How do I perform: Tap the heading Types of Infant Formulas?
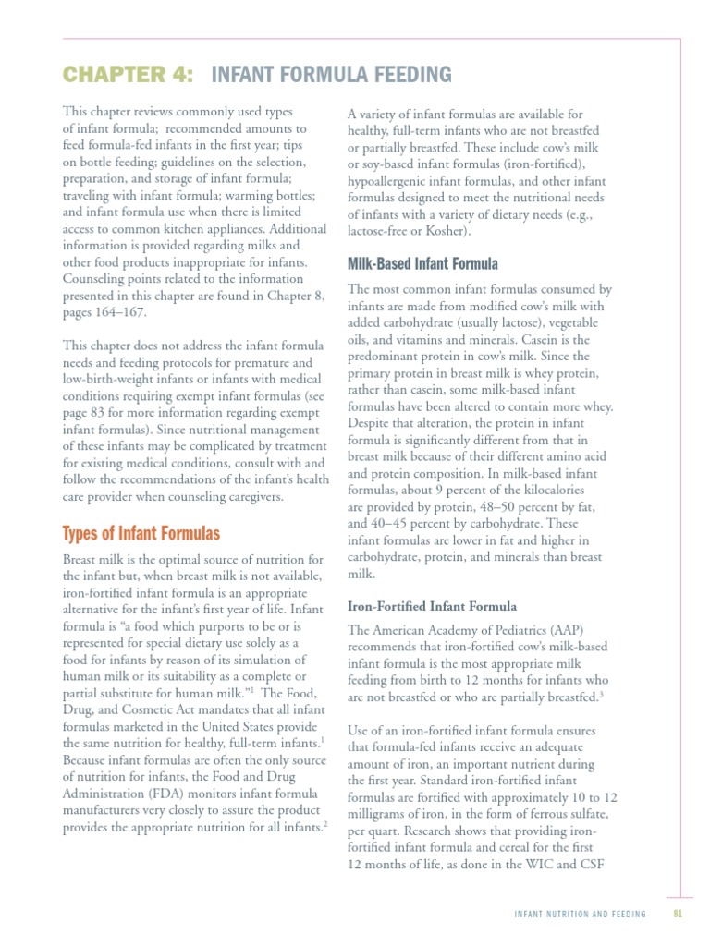pos(141,533)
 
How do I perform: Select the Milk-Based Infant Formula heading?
pos(422,263)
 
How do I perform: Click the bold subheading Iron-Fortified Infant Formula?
pos(432,606)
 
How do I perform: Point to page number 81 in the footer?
pos(678,914)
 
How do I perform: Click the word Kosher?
pos(442,230)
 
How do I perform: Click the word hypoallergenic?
pos(390,180)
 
